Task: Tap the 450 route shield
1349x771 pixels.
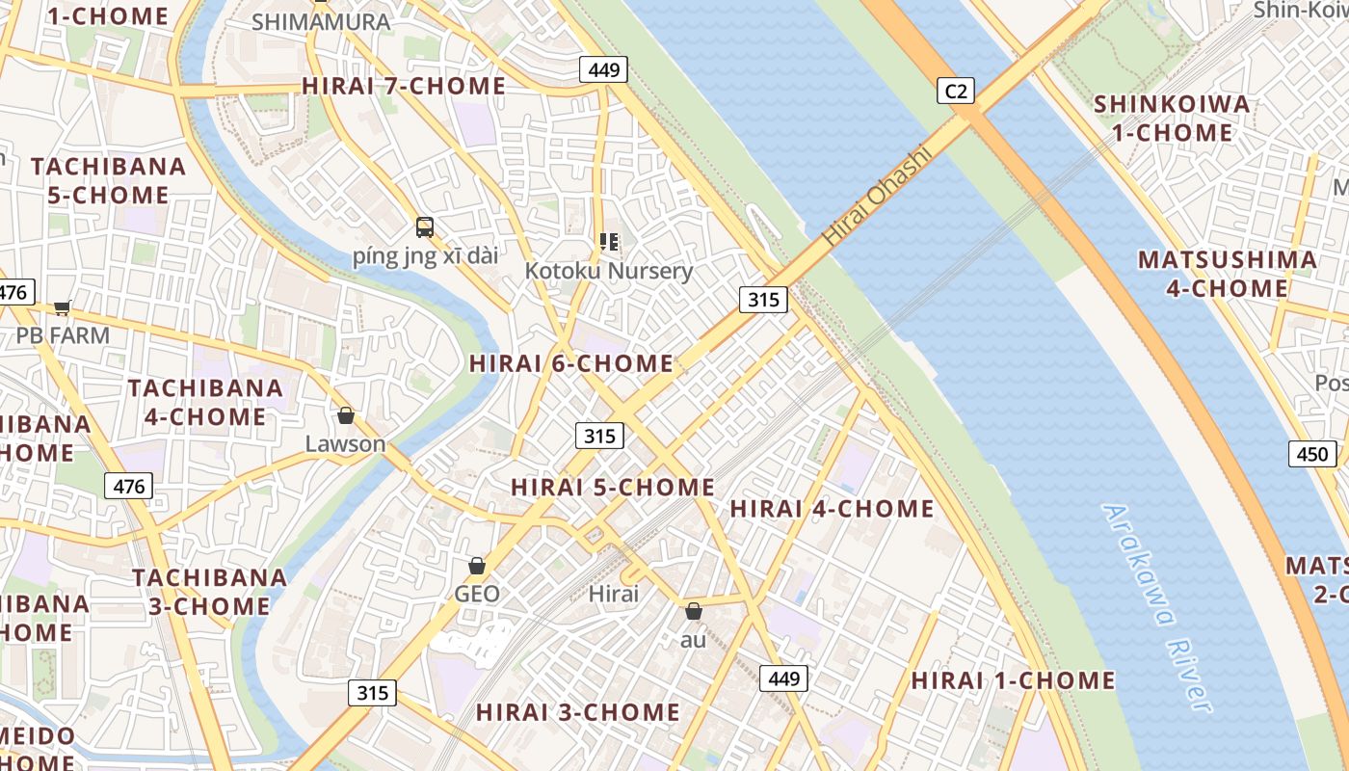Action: coord(1312,454)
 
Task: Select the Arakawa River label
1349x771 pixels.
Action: coord(1156,609)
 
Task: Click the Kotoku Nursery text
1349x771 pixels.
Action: coord(608,271)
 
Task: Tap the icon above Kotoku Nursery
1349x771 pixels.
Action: coord(608,242)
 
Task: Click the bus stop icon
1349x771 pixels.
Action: coord(425,227)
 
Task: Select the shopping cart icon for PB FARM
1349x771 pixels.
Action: coord(63,307)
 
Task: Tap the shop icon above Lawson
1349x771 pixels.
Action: coord(345,415)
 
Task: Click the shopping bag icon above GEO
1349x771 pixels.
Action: coord(476,565)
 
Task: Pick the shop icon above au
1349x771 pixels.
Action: coord(693,611)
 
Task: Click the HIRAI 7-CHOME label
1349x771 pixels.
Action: coord(404,86)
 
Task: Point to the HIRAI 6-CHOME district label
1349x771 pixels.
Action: coord(570,363)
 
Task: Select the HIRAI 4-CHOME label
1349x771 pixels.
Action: coord(832,508)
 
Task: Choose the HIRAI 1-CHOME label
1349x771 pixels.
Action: coord(1013,679)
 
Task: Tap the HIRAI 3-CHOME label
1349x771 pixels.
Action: coord(578,712)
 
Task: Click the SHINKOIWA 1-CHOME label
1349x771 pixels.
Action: coord(1172,118)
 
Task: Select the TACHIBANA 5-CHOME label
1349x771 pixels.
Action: coord(108,180)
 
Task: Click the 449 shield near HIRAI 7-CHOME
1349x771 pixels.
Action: coord(603,69)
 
